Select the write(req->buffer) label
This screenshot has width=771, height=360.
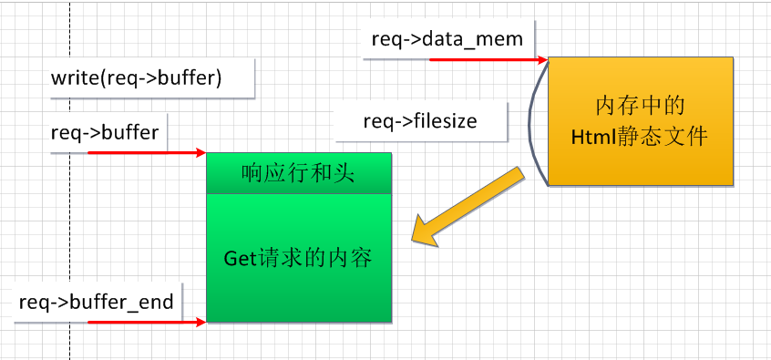click(x=137, y=78)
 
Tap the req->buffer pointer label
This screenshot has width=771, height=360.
click(x=105, y=132)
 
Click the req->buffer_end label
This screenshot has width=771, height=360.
click(x=96, y=302)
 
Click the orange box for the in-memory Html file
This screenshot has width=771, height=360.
click(x=640, y=120)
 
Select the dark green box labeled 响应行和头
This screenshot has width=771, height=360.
click(x=299, y=172)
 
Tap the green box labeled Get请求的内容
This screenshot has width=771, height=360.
click(x=299, y=258)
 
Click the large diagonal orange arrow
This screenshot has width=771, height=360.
click(x=466, y=207)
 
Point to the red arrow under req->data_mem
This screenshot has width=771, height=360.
click(x=488, y=59)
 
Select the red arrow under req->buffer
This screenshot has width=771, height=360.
click(x=146, y=152)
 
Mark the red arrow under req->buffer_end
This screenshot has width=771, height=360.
click(x=146, y=322)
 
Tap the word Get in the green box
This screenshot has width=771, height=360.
click(x=241, y=258)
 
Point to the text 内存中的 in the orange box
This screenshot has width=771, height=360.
click(x=640, y=105)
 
